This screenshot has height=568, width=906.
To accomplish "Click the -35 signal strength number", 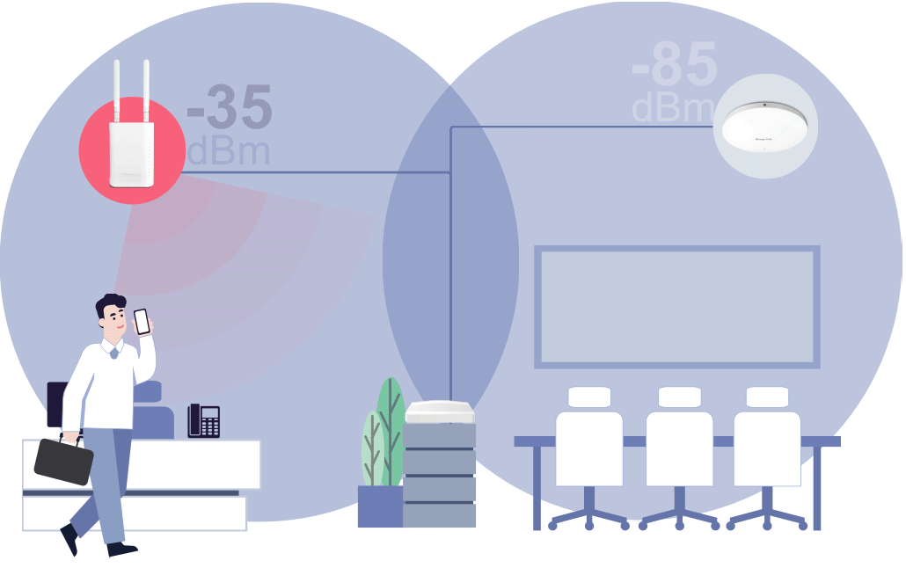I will click(230, 110).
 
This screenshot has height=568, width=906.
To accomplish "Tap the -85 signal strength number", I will click(675, 64).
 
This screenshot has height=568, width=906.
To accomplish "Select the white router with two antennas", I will click(131, 152).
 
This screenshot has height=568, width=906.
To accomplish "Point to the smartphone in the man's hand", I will click(142, 321).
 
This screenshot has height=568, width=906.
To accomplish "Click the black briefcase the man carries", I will click(63, 460).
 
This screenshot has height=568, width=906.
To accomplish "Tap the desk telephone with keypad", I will click(203, 421).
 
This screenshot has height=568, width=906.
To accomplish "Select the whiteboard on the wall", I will click(676, 307).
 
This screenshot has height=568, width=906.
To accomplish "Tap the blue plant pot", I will click(380, 506).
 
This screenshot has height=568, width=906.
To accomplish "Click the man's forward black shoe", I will click(121, 549).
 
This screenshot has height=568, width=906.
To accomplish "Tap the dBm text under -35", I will click(228, 151).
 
